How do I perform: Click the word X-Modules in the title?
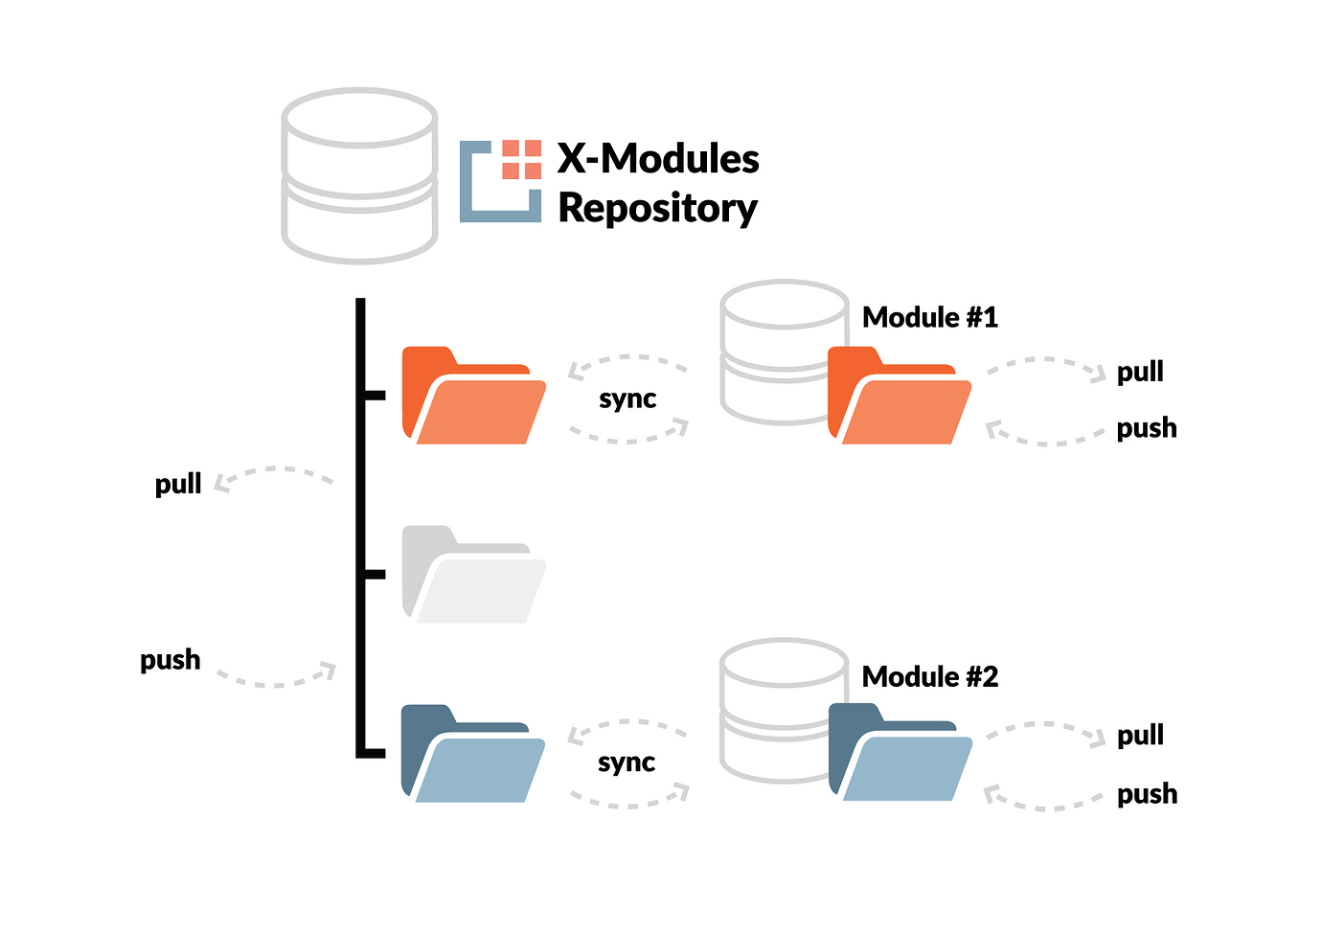[x=658, y=159]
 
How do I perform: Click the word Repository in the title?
[x=657, y=209]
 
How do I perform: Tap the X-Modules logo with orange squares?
[x=501, y=181]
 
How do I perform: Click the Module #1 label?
[x=929, y=318]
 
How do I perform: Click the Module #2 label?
[x=929, y=677]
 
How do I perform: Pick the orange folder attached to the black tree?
[x=473, y=396]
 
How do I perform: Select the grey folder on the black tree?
[x=473, y=575]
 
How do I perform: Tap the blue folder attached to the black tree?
[x=473, y=754]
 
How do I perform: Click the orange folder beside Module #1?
[x=899, y=397]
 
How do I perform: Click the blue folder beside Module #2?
[x=900, y=753]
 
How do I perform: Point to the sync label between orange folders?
[x=627, y=399]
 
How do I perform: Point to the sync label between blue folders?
[x=627, y=762]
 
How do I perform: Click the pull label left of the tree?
[x=178, y=484]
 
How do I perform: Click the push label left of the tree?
[x=171, y=660]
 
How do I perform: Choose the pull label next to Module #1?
[x=1140, y=372]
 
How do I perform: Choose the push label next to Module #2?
[x=1147, y=794]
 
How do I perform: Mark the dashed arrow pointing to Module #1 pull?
[x=1046, y=365]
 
